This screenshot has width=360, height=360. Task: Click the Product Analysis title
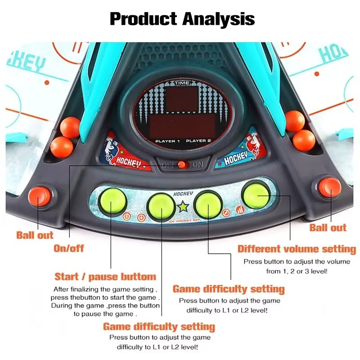pos(182,19)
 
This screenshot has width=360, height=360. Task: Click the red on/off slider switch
pos(183,165)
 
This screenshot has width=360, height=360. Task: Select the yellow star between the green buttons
pos(183,207)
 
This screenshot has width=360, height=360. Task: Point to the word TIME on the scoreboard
pos(182,83)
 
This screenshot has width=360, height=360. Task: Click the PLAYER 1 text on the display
pos(167,141)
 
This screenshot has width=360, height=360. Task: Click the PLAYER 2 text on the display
pos(198,141)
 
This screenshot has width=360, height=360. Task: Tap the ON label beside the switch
pos(198,165)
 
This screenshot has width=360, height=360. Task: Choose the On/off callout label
pos(69,248)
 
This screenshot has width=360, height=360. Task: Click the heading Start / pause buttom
pos(105,276)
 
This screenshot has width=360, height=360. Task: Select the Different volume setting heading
pos(297,249)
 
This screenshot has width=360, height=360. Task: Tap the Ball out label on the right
pos(328,228)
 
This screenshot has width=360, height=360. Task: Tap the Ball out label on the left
pos(35,235)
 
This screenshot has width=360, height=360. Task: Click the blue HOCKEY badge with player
pos(238,153)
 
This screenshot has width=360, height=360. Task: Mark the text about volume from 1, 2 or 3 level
pos(297,271)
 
